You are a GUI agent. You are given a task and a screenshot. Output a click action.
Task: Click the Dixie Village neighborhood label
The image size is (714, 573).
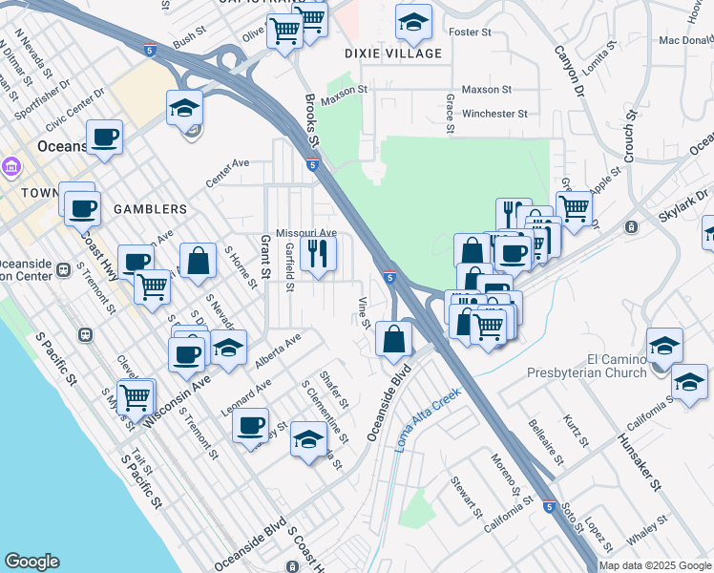click(x=394, y=53)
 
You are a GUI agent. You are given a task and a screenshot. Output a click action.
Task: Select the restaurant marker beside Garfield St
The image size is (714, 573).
click(x=318, y=254)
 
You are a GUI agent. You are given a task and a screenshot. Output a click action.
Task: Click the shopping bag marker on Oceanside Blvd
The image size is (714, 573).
click(x=394, y=338)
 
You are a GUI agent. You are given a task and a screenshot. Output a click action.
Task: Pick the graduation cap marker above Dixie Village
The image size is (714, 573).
click(x=412, y=24)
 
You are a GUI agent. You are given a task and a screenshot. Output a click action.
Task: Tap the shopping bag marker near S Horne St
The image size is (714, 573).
click(x=197, y=261)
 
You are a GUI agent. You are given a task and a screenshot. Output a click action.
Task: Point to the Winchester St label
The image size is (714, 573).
click(x=494, y=114)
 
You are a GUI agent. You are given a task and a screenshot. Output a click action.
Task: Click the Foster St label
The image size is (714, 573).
click(x=470, y=32)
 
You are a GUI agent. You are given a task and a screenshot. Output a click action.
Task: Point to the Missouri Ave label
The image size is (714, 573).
click(x=306, y=233)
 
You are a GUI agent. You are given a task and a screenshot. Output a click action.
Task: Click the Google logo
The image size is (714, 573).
click(x=31, y=562)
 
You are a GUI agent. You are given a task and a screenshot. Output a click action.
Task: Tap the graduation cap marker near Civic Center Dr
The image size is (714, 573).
click(x=185, y=109)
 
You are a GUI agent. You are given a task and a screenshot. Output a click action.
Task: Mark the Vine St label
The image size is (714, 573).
click(x=364, y=311)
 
